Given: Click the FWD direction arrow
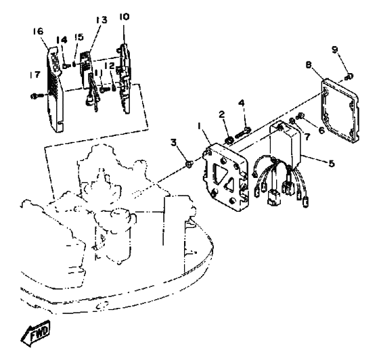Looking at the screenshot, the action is [x=35, y=334].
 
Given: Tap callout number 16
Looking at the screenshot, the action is [x=39, y=31].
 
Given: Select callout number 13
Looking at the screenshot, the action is [x=101, y=20].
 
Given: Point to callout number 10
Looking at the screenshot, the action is [x=125, y=17].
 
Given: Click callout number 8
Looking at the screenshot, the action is [x=309, y=65].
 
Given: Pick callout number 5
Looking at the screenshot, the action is [x=332, y=164].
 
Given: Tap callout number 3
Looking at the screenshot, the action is [x=173, y=143].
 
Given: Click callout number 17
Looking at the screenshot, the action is [x=35, y=74].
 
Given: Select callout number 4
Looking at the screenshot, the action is [x=241, y=103].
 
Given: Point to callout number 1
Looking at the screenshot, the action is [x=200, y=126].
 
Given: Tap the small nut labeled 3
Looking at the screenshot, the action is [x=189, y=164].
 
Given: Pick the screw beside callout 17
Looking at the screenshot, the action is [x=37, y=96].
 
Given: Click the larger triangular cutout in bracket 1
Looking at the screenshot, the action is [x=221, y=174].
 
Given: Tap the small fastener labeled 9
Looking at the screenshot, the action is [x=349, y=77].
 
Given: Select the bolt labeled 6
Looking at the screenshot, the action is [x=301, y=116].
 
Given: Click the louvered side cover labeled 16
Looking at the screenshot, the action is [x=55, y=89].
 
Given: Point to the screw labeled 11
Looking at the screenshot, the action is [x=104, y=89].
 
